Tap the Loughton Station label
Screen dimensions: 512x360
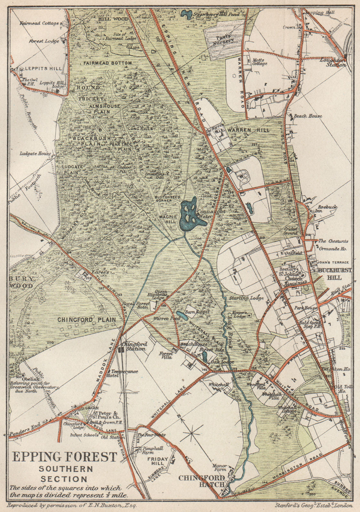click(x=334, y=62)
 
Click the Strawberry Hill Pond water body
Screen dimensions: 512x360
click(x=185, y=14)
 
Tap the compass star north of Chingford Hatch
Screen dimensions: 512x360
click(x=192, y=434)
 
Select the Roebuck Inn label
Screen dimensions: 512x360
click(x=327, y=209)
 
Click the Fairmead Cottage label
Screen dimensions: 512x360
click(x=39, y=23)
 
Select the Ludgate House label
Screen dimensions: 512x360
click(x=35, y=154)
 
